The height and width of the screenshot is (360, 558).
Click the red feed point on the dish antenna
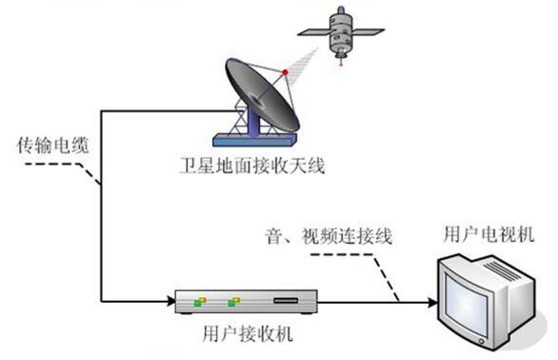click(285, 72)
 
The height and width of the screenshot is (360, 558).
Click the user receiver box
click(247, 304)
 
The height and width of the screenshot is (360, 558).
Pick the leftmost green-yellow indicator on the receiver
click(200, 303)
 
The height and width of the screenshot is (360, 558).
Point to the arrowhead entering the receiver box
click(169, 304)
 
